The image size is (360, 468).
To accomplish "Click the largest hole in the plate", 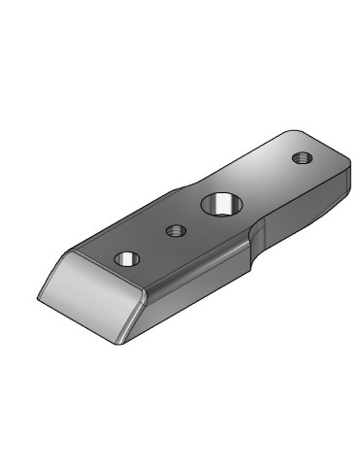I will (217, 205).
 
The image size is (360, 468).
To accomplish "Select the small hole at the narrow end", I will (299, 156).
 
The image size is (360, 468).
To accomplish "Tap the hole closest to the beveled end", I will (128, 259).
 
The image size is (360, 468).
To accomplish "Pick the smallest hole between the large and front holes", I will (176, 231).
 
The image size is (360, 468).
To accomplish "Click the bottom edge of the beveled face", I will (78, 320).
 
